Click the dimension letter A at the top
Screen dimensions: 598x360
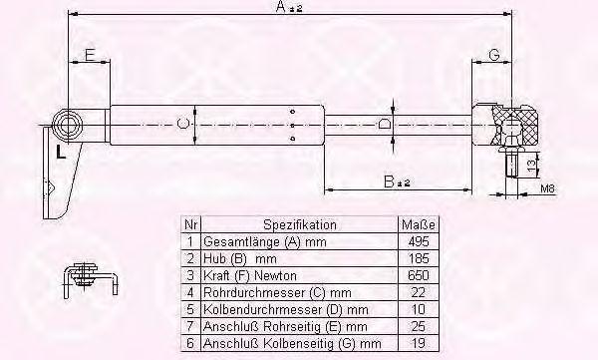(x=281, y=7)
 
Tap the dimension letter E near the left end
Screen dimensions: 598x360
(x=90, y=56)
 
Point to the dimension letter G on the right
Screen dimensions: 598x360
(x=494, y=56)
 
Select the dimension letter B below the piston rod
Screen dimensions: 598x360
(x=389, y=181)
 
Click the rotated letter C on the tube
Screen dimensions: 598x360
(x=183, y=124)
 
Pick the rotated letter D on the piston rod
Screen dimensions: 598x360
(x=384, y=125)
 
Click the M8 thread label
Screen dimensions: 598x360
(x=548, y=188)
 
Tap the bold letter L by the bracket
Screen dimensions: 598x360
(x=61, y=152)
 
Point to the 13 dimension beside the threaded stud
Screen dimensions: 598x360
(x=531, y=165)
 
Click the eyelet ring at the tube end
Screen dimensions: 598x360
(x=68, y=126)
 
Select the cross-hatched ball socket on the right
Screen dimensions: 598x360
(x=515, y=125)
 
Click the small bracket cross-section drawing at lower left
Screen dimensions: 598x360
(x=90, y=279)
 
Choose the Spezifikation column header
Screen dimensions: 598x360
(x=300, y=224)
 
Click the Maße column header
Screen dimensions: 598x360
(x=418, y=224)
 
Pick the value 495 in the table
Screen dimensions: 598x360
(x=419, y=241)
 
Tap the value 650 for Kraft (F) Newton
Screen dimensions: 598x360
(x=419, y=275)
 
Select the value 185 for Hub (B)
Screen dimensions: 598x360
(x=419, y=258)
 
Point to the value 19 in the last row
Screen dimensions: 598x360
(x=419, y=342)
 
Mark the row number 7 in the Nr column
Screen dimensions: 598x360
(x=190, y=326)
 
